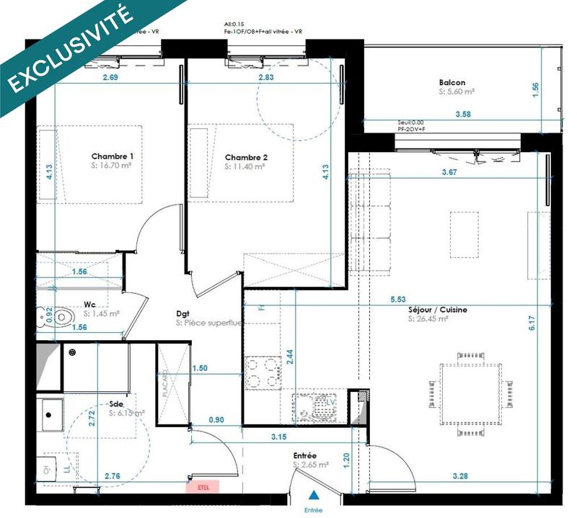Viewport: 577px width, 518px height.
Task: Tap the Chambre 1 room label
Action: [x=112, y=156]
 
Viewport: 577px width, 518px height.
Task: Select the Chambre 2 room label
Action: [x=246, y=157]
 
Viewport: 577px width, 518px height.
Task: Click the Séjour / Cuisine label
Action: [x=438, y=309]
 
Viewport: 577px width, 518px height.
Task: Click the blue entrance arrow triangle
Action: [x=313, y=496]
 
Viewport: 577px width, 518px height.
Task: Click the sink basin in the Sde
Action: [x=52, y=414]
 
